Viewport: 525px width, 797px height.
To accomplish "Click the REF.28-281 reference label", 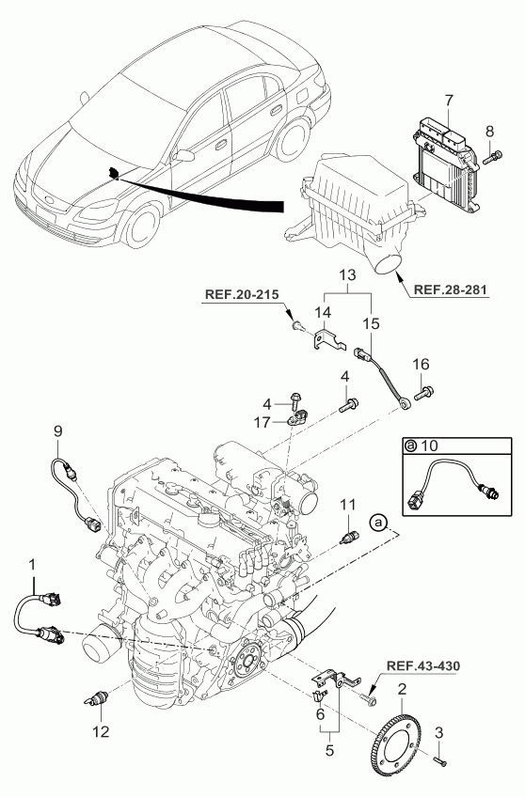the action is pyautogui.click(x=451, y=289).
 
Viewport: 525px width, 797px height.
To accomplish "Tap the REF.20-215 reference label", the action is pyautogui.click(x=242, y=294).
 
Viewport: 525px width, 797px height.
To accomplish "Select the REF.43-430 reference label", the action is pyautogui.click(x=423, y=665).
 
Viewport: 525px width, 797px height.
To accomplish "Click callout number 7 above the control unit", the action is pyautogui.click(x=449, y=101).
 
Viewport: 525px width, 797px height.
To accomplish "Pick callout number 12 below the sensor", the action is pyautogui.click(x=101, y=731).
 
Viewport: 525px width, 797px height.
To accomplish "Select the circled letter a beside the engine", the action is pyautogui.click(x=378, y=522).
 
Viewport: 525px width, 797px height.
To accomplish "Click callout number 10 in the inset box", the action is pyautogui.click(x=430, y=445).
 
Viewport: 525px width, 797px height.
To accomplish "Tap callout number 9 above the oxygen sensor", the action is pyautogui.click(x=58, y=431).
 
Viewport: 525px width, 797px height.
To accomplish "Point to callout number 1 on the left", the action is pyautogui.click(x=33, y=564).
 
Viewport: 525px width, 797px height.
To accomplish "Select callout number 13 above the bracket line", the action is pyautogui.click(x=348, y=275).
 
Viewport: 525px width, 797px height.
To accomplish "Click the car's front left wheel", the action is pyautogui.click(x=143, y=224).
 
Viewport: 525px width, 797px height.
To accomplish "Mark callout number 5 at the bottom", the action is pyautogui.click(x=329, y=750).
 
